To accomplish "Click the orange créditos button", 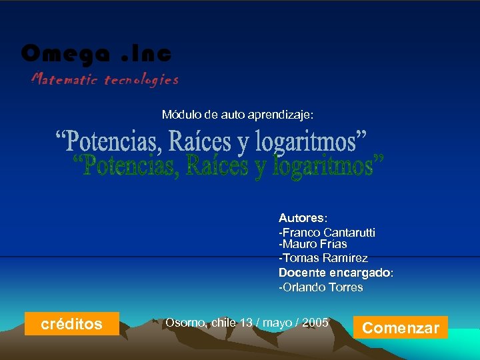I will tap(71, 324).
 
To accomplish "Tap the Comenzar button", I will tap(400, 327).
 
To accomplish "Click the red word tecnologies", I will tap(141, 80).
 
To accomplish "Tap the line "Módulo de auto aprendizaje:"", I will tap(237, 115).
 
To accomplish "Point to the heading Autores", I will tap(301, 218).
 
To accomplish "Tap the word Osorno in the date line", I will tap(186, 323).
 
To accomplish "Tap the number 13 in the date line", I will tap(246, 323).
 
